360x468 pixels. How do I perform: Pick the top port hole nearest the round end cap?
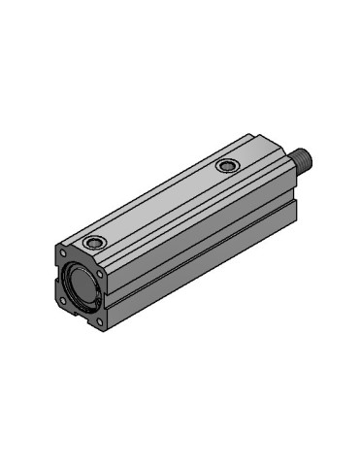tap(94, 240)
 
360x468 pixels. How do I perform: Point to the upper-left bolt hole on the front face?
tap(60, 253)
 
